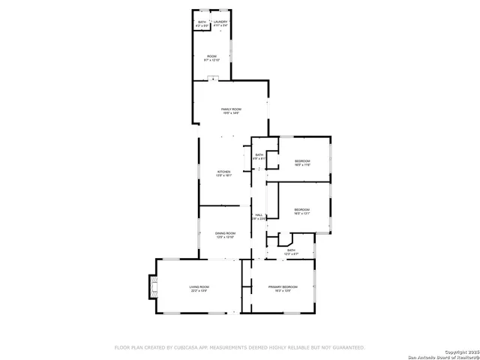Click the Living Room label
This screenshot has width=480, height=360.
[199, 286]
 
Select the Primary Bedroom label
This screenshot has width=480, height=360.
[283, 286]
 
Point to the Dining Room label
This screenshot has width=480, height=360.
[226, 233]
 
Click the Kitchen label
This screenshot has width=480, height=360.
[224, 171]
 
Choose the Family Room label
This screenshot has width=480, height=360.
[230, 109]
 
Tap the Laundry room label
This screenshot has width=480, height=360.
[220, 22]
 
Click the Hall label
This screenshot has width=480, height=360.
[259, 215]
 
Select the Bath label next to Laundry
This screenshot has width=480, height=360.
[202, 22]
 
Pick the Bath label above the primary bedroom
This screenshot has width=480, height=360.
[291, 250]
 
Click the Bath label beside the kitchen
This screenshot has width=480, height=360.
[259, 154]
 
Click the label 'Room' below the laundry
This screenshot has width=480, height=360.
[212, 55]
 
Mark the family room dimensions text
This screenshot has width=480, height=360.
[230, 113]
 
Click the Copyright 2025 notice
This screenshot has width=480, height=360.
[460, 351]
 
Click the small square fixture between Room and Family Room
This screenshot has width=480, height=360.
[213, 78]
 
